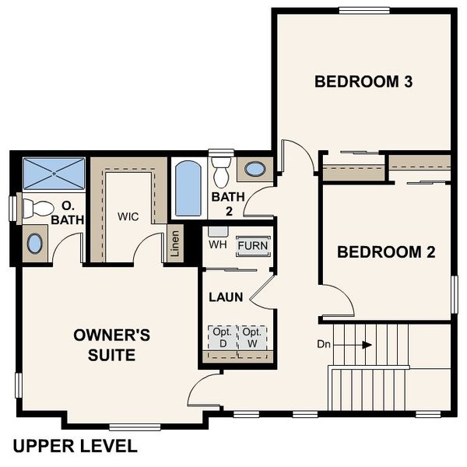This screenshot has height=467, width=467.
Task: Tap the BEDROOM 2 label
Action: pos(385,252)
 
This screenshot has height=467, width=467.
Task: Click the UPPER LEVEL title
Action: pos(75,446)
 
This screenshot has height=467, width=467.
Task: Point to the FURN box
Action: pos(253,245)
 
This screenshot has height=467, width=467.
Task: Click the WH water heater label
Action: pos(217,244)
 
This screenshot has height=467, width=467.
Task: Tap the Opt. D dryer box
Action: pos(220,337)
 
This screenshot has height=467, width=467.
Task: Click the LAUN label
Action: pos(226,297)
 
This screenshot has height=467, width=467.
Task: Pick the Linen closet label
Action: pos(175,244)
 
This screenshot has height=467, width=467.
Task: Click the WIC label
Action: pos(128,216)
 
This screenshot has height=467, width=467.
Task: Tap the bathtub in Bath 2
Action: pos(188,188)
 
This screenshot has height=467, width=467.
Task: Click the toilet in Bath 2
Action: pos(222,167)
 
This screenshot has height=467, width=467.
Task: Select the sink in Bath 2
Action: pos(254,168)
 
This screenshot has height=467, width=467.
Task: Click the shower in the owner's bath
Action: pos(53,173)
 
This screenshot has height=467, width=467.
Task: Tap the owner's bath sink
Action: pos(36,243)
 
